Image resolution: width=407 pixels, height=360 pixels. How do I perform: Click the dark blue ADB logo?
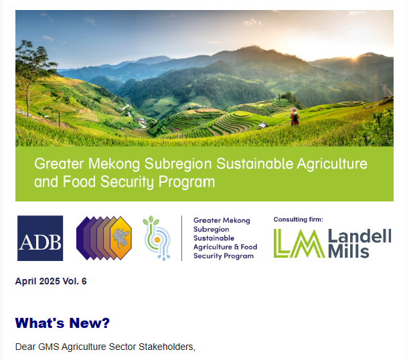40,238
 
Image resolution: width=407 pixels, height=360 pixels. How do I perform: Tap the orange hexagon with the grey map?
120,238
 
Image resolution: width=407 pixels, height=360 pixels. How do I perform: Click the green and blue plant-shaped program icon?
157,238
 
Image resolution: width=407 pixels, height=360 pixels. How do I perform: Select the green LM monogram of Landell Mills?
299,244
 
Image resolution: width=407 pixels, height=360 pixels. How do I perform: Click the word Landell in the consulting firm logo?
359,236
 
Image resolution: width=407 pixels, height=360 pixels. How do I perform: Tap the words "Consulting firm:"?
299,219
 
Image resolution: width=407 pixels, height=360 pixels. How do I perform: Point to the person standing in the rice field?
295,117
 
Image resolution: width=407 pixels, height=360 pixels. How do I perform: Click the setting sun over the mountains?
355,57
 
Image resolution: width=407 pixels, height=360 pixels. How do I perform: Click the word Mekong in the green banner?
114,164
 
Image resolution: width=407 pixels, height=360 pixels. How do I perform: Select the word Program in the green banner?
187,182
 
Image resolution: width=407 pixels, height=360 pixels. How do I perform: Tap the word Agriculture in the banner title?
332,164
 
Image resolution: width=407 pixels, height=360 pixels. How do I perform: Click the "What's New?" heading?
62,323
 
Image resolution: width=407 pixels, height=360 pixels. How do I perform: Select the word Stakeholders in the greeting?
167,347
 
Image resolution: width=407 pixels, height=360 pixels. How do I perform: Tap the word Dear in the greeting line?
25,347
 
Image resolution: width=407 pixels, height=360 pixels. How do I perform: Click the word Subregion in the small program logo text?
212,230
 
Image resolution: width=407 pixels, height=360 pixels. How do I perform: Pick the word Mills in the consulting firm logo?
349,252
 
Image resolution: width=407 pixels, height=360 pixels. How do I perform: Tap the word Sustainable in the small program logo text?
214,238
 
